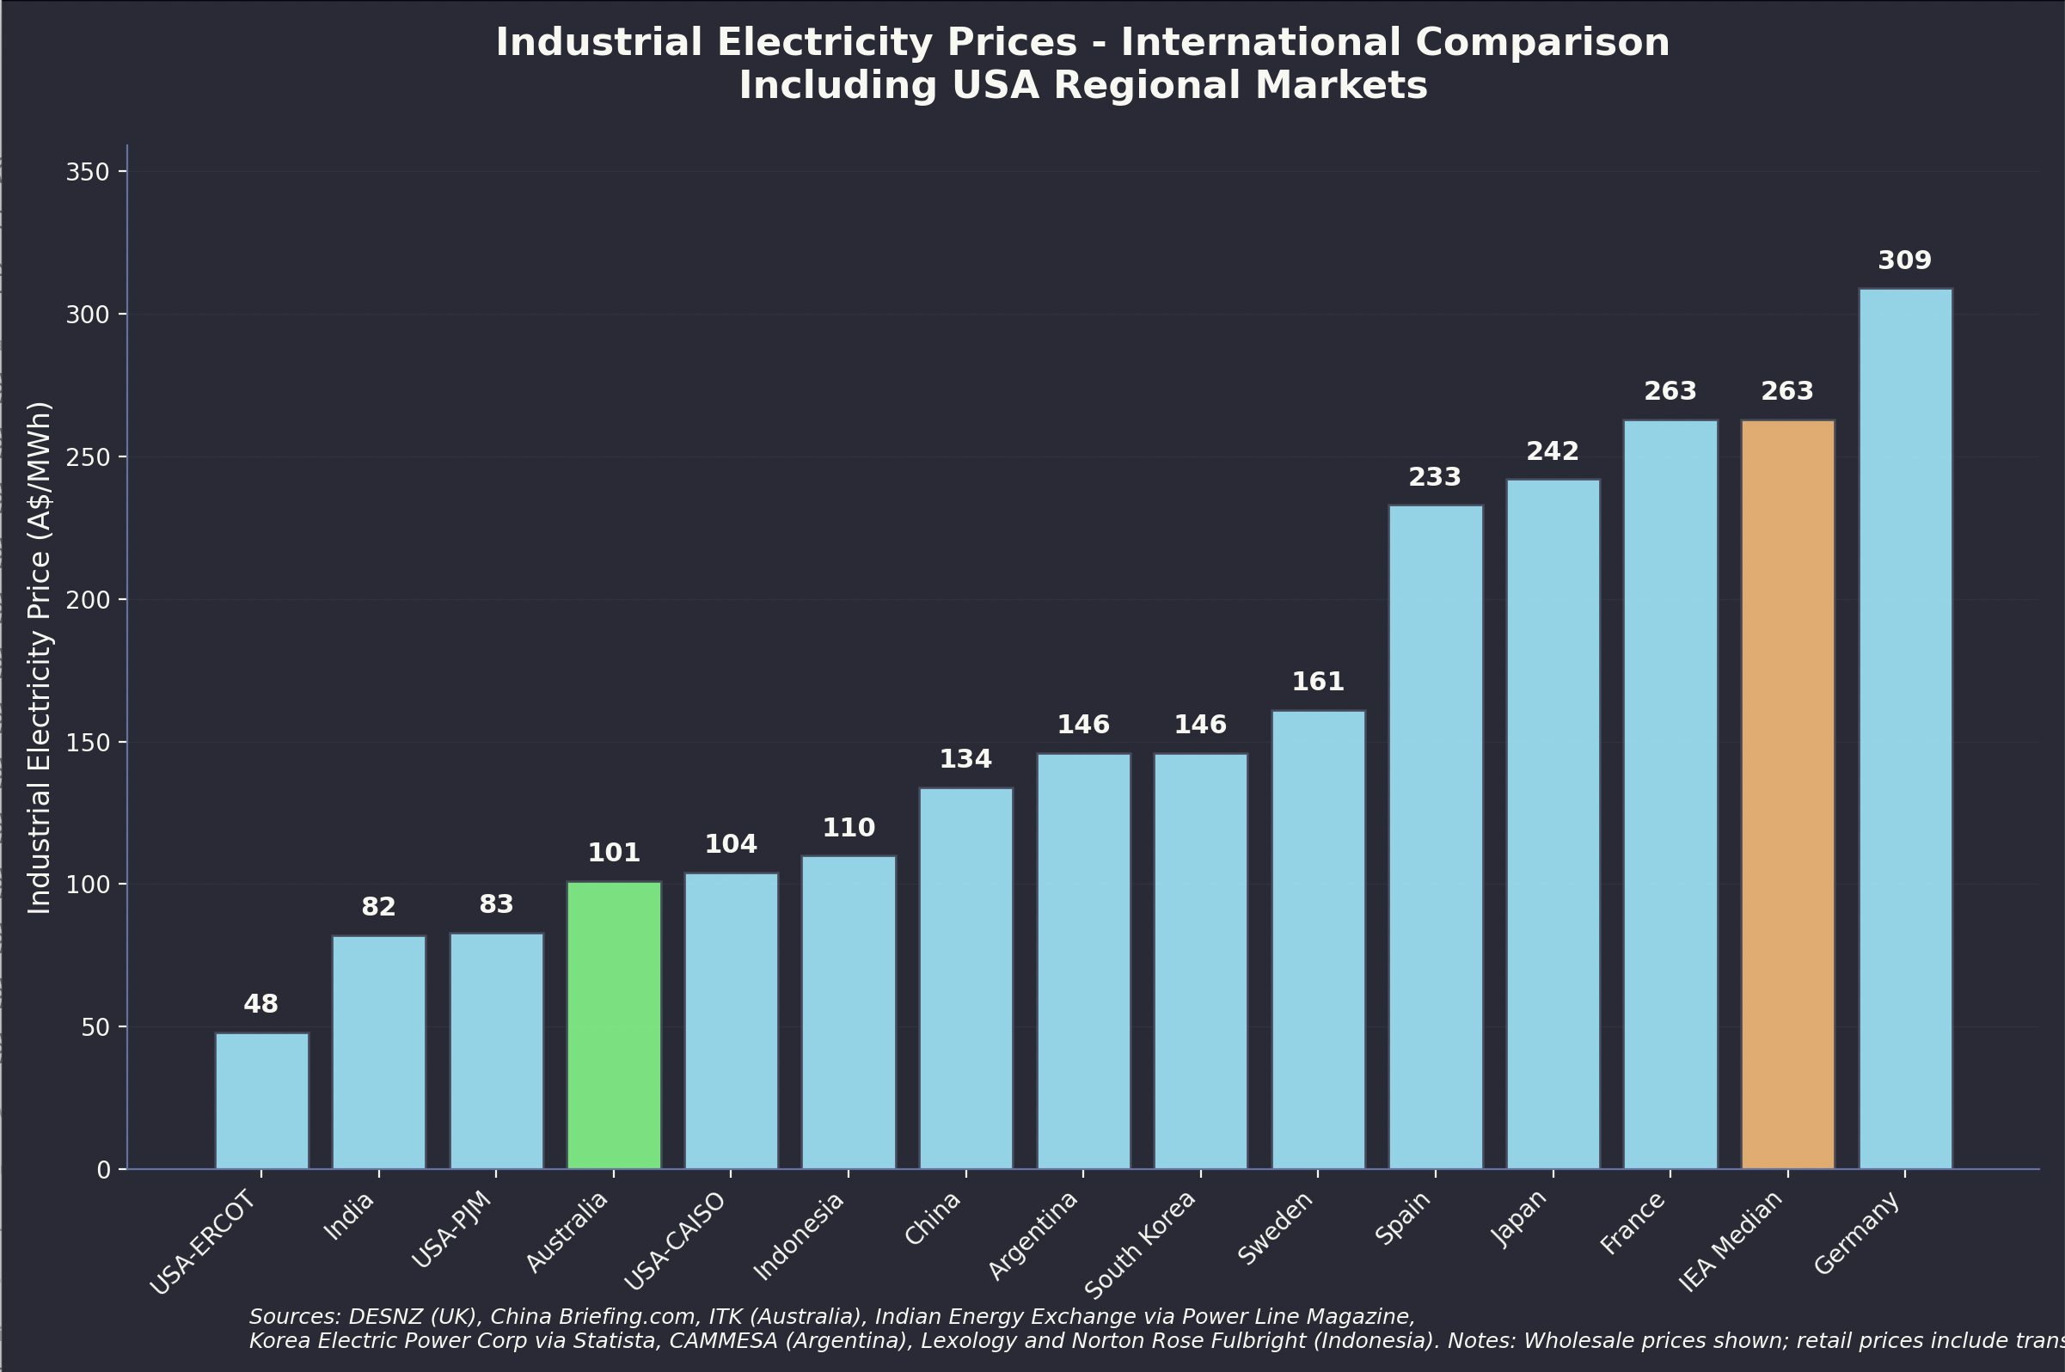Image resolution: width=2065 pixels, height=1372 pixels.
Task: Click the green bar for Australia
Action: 613,1025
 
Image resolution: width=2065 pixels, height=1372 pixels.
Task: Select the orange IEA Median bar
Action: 1786,793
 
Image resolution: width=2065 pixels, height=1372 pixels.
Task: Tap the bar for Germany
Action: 1905,728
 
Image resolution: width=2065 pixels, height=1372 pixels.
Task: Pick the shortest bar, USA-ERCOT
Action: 261,1100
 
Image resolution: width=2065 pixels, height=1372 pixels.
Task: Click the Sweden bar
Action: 1318,939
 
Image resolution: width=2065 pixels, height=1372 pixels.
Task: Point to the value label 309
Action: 1905,260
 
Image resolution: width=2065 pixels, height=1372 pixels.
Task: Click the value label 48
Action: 260,1004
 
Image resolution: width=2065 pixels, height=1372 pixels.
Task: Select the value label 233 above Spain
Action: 1434,477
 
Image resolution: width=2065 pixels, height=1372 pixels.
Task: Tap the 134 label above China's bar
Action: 965,760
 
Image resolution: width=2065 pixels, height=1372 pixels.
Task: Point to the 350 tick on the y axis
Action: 88,173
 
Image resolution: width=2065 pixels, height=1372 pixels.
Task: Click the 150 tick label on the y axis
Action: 88,743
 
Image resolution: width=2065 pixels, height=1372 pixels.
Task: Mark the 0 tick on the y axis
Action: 104,1170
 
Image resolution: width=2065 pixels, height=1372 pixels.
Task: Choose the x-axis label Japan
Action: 1518,1219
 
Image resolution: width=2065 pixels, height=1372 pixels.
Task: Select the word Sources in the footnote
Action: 294,1317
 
